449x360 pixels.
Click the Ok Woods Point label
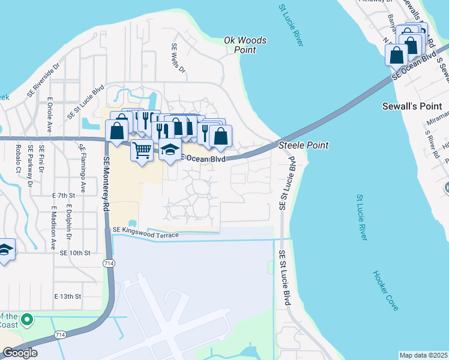245,45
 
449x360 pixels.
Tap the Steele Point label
303,145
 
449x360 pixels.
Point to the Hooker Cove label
385,290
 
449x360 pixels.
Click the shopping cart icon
142,151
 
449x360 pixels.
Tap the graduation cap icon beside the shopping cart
170,150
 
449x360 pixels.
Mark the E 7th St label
63,196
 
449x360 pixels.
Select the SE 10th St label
74,253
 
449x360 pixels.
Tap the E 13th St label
67,296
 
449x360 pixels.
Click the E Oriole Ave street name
50,115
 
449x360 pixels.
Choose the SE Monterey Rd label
107,182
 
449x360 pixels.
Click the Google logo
20,353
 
